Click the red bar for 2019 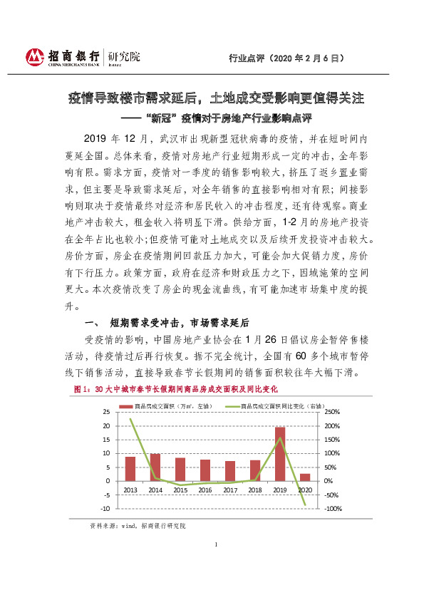[x=280, y=454]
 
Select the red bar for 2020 [x=305, y=477]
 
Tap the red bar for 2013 [x=130, y=468]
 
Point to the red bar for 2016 [x=205, y=470]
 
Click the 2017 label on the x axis [x=230, y=490]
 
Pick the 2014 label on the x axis [x=155, y=490]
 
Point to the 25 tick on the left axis [x=107, y=413]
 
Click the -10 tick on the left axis [x=105, y=509]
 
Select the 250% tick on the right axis [x=332, y=413]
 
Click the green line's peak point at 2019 [x=280, y=438]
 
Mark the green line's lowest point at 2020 [x=305, y=505]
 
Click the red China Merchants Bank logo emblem [x=34, y=58]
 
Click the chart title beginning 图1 [x=175, y=390]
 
